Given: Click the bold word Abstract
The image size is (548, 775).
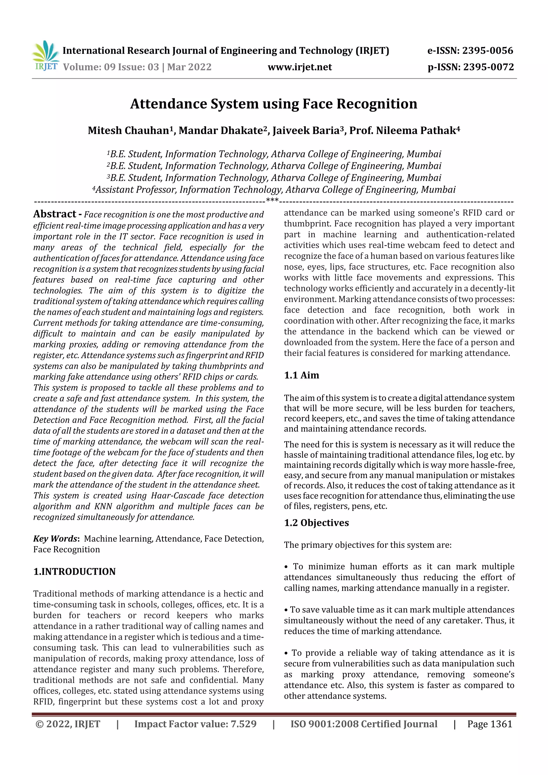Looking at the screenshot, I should point(55,214).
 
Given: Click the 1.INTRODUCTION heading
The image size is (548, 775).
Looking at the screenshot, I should point(74,571).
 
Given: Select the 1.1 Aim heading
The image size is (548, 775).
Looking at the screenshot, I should point(301,375).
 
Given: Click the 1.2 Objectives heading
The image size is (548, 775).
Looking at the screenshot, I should point(316,523).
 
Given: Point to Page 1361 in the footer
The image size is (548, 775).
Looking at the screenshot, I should point(490,724).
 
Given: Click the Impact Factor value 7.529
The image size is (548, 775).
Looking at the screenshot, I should point(195,724).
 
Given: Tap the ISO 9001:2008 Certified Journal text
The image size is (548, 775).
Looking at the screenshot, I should point(364,724).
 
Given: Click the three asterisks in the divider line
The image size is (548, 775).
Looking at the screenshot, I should point(272,200).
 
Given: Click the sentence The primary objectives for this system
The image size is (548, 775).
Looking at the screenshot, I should point(367,545).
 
